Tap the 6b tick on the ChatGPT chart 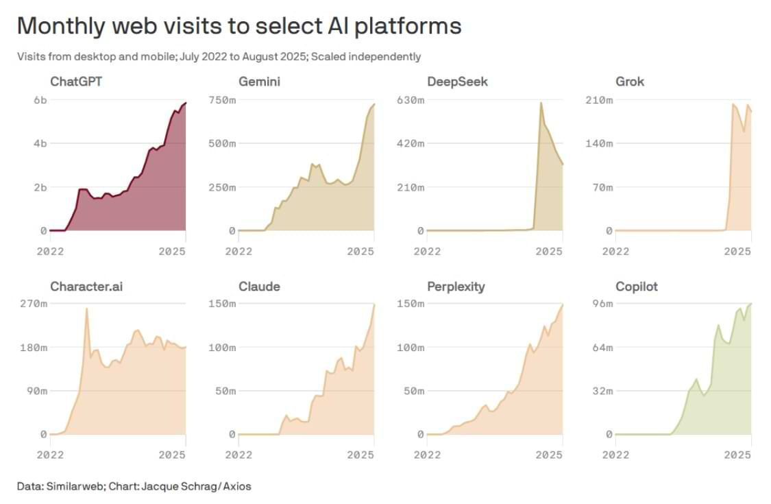pyautogui.click(x=40, y=100)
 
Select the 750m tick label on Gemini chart pyautogui.click(x=223, y=100)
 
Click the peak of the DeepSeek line pyautogui.click(x=541, y=103)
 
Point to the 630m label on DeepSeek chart pyautogui.click(x=411, y=100)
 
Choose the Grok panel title pyautogui.click(x=630, y=82)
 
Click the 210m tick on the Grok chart pyautogui.click(x=600, y=100)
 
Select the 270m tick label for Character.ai pyautogui.click(x=34, y=304)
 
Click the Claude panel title pyautogui.click(x=259, y=286)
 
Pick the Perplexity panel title pyautogui.click(x=456, y=286)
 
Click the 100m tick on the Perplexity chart pyautogui.click(x=411, y=348)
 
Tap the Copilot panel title pyautogui.click(x=637, y=286)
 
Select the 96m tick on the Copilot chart pyautogui.click(x=602, y=304)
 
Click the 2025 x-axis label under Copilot pyautogui.click(x=737, y=455)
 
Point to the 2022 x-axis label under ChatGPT pyautogui.click(x=49, y=251)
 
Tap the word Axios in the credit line pyautogui.click(x=236, y=486)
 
